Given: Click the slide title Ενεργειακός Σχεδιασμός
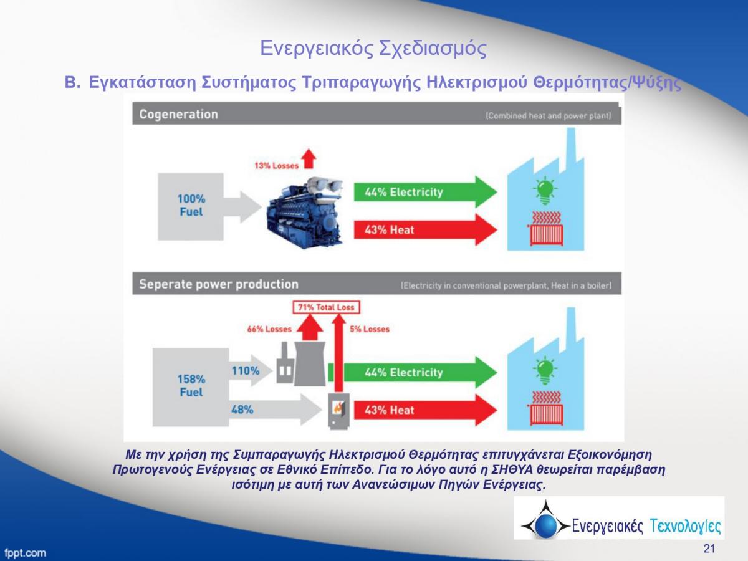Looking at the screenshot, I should pos(373,48).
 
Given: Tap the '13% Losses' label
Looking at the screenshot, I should pos(276,165).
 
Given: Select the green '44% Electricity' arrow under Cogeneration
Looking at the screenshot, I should pos(424,192).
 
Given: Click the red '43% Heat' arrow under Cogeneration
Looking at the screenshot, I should pos(424,229).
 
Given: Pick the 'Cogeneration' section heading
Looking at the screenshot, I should pos(179,115).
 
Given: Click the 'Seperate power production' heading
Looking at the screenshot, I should pos(219,285).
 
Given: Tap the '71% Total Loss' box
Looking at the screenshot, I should pos(326,307).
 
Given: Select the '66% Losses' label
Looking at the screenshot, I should pos(269,329).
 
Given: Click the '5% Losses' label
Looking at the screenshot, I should pos(370,329).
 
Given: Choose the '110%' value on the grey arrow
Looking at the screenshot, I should pos(246,371).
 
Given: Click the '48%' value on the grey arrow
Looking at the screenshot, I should pos(242,410).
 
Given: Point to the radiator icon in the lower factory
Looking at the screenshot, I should pos(546,408).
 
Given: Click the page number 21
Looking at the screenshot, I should pos(709,549).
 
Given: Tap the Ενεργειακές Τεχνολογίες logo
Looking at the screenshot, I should pos(618,519).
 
